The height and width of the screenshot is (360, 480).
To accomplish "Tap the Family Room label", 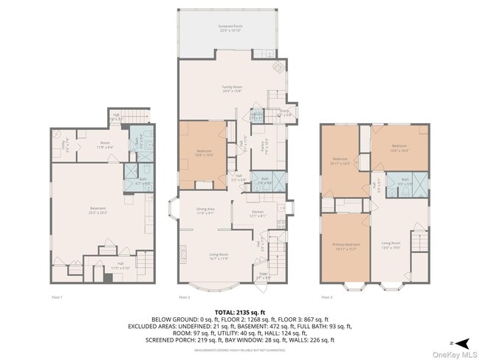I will tap(233, 89).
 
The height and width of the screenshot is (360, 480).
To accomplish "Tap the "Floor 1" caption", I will tap(58, 297).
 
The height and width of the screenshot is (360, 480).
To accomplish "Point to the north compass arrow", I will tap(462, 342).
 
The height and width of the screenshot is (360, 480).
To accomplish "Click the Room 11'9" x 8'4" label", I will tap(105, 145).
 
